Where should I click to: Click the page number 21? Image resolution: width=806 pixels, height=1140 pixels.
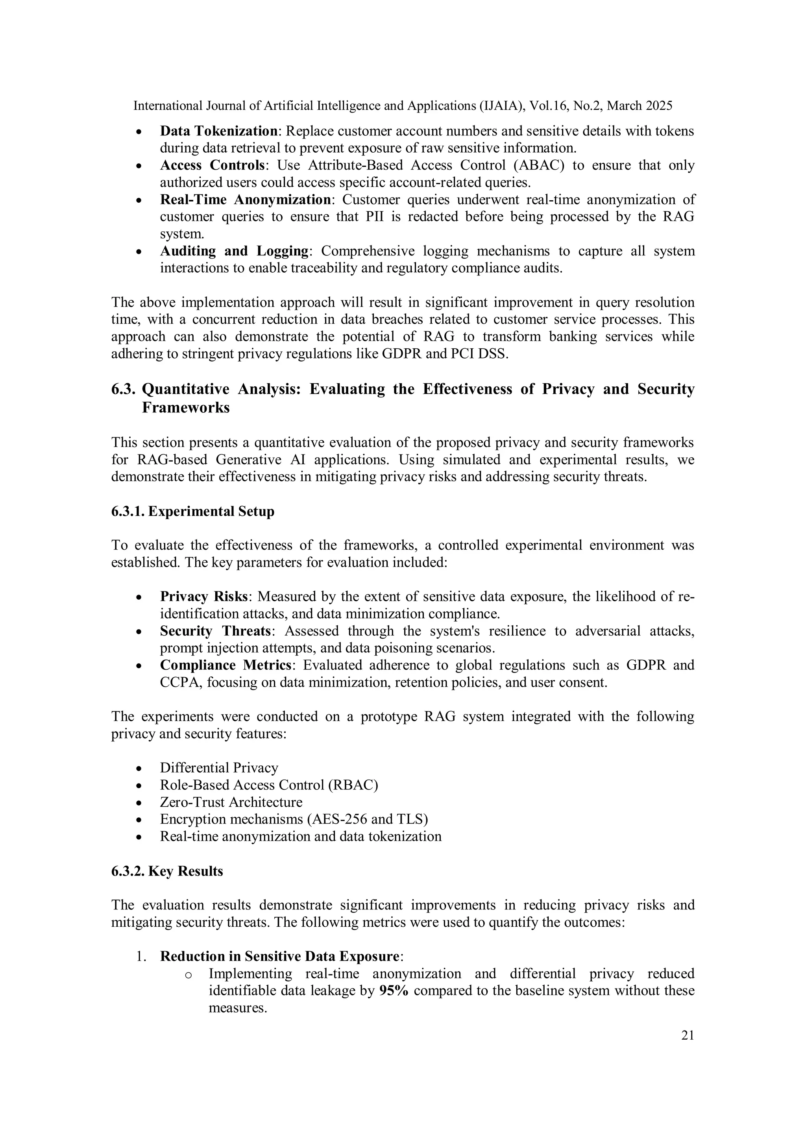coord(687,1035)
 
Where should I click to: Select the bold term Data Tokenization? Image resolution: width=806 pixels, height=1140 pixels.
coord(218,131)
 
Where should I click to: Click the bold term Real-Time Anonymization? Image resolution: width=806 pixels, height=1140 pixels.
coord(245,200)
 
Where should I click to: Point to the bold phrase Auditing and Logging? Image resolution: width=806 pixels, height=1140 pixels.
coord(234,251)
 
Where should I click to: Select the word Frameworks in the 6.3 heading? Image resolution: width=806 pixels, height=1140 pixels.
coord(186,408)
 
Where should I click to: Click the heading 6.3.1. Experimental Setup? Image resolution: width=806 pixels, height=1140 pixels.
coord(193,512)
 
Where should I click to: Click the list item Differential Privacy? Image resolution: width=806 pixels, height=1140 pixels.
coord(219,768)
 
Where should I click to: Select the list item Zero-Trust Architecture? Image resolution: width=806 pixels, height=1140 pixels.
coord(231,802)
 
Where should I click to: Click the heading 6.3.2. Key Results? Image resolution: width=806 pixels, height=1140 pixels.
coord(167,871)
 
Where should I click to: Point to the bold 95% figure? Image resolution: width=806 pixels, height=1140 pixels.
coord(393,990)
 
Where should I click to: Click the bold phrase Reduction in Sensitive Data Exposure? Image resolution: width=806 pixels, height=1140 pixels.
coord(279,956)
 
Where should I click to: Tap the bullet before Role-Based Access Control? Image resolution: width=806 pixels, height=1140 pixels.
coord(140,786)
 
